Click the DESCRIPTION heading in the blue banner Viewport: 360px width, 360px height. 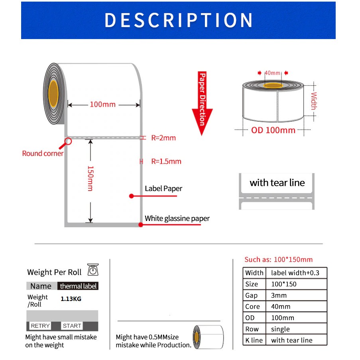click(x=179, y=20)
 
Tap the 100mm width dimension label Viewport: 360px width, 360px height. click(x=102, y=104)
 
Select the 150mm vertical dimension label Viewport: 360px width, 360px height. click(x=90, y=178)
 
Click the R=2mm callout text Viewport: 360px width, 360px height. click(x=163, y=138)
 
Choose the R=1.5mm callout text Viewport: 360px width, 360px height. click(x=166, y=161)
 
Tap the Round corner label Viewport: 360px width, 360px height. click(x=43, y=153)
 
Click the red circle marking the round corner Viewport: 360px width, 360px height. click(x=68, y=141)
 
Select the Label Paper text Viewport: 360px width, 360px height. click(x=163, y=189)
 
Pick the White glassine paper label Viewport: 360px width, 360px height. click(x=177, y=218)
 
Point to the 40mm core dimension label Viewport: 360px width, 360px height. click(x=273, y=73)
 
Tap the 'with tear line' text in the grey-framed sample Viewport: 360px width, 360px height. click(x=277, y=183)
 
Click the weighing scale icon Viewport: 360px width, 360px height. click(x=92, y=270)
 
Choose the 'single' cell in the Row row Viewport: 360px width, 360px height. click(x=280, y=329)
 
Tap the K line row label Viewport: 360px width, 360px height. click(x=254, y=340)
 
